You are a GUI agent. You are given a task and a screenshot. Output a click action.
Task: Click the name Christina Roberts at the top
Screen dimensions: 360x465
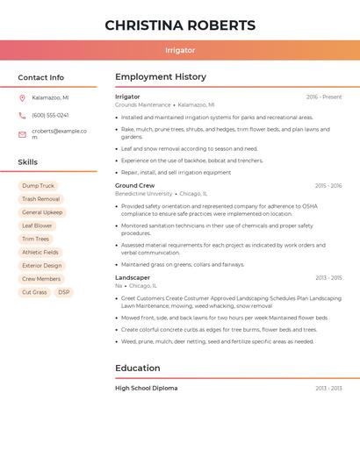point(180,25)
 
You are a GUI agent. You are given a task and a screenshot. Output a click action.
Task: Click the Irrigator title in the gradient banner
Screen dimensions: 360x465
point(180,50)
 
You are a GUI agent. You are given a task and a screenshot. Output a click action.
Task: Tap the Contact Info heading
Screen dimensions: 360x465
point(40,77)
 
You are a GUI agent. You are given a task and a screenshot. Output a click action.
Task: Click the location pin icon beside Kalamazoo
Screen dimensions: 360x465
point(22,97)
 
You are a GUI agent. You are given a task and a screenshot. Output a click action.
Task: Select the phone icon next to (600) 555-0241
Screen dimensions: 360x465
point(22,115)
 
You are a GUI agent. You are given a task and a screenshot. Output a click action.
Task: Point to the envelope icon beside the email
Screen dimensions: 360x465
point(22,134)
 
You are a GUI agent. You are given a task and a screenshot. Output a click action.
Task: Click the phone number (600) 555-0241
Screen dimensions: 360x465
point(50,115)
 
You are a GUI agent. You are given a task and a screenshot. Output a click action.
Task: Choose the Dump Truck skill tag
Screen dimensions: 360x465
point(38,186)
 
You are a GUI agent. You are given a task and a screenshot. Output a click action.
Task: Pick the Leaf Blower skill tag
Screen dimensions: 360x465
point(37,225)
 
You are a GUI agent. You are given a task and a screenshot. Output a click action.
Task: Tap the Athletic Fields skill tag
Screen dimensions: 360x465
point(40,252)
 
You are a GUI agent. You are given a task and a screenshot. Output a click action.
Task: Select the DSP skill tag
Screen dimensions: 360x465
point(63,292)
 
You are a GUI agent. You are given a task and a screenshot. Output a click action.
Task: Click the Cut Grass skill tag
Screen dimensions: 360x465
point(34,292)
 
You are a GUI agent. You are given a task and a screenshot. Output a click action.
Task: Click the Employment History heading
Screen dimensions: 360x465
point(161,77)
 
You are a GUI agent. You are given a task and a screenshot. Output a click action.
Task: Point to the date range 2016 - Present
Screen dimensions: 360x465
point(324,97)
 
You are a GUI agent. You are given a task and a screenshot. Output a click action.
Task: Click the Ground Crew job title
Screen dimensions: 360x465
point(134,186)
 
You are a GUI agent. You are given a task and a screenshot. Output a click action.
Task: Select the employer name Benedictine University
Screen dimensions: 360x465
point(144,194)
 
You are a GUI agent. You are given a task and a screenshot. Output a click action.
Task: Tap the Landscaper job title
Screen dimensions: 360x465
point(133,277)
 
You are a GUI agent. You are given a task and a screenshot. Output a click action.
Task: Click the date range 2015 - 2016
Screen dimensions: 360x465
point(328,186)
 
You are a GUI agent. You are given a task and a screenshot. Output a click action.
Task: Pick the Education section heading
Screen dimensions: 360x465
point(138,368)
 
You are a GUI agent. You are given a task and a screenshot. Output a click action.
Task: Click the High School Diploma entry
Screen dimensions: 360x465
point(146,388)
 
